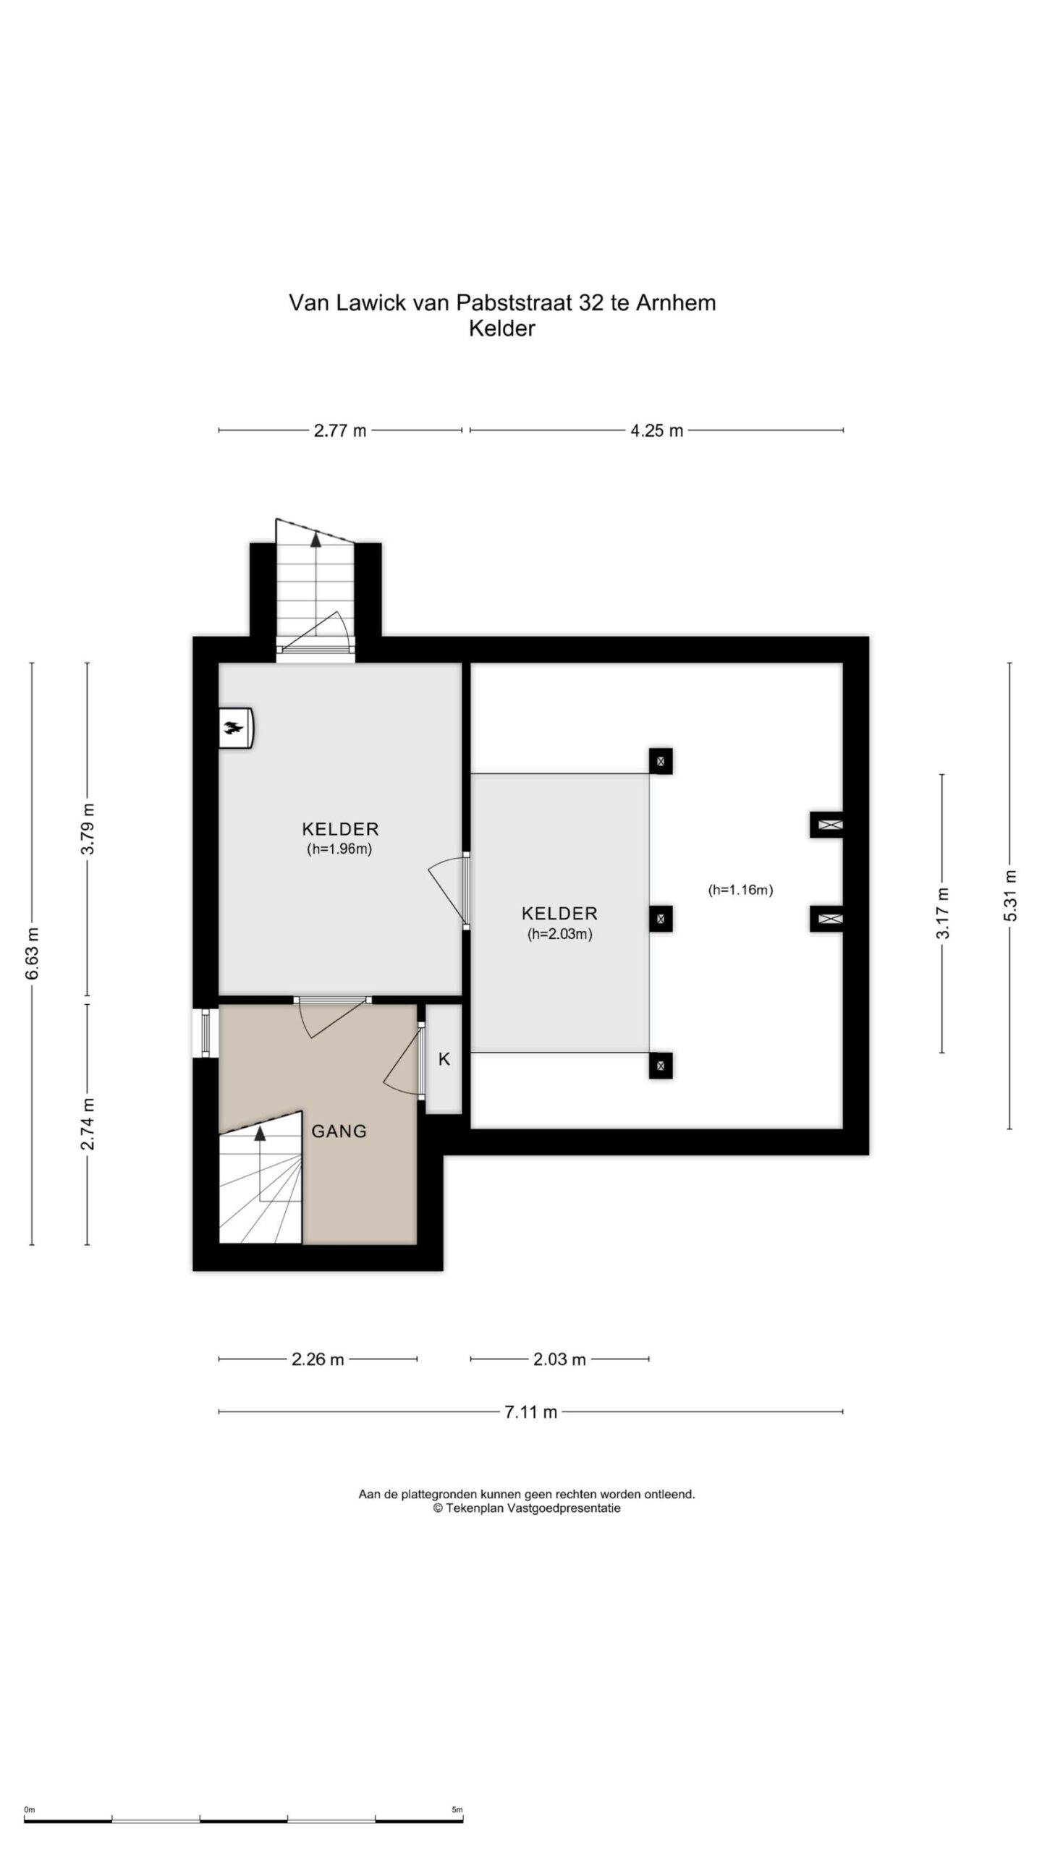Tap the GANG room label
[339, 1131]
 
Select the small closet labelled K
[444, 1059]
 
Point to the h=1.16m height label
[740, 890]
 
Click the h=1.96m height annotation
[339, 849]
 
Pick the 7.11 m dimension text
[530, 1412]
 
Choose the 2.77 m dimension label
[340, 430]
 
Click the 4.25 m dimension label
[656, 430]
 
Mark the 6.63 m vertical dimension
[33, 953]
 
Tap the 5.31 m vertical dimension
[1010, 896]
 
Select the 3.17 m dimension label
[942, 913]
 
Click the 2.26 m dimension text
[318, 1359]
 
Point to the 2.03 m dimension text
[559, 1359]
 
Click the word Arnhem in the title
[676, 302]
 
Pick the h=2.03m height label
[559, 934]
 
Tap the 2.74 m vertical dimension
[88, 1123]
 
